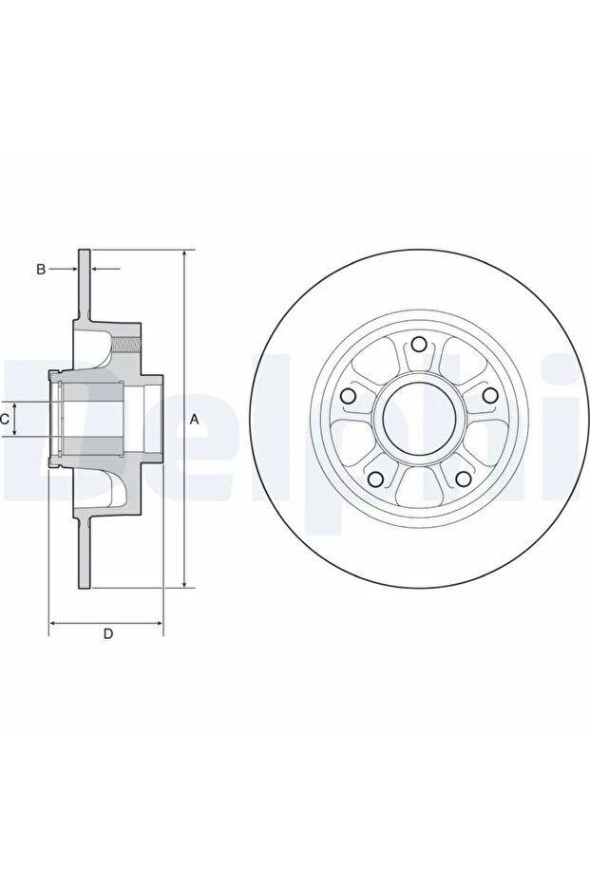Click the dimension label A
194,419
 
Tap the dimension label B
41,269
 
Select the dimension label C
4,419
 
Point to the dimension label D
107,633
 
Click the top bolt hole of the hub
418,344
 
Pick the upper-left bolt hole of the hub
349,395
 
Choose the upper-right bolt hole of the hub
489,394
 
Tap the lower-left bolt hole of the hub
375,479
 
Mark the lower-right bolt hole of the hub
463,479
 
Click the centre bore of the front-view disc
419,419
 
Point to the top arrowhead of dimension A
185,254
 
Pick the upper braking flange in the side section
84,284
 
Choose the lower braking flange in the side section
84,554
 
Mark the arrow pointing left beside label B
105,269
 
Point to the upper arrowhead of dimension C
15,407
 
